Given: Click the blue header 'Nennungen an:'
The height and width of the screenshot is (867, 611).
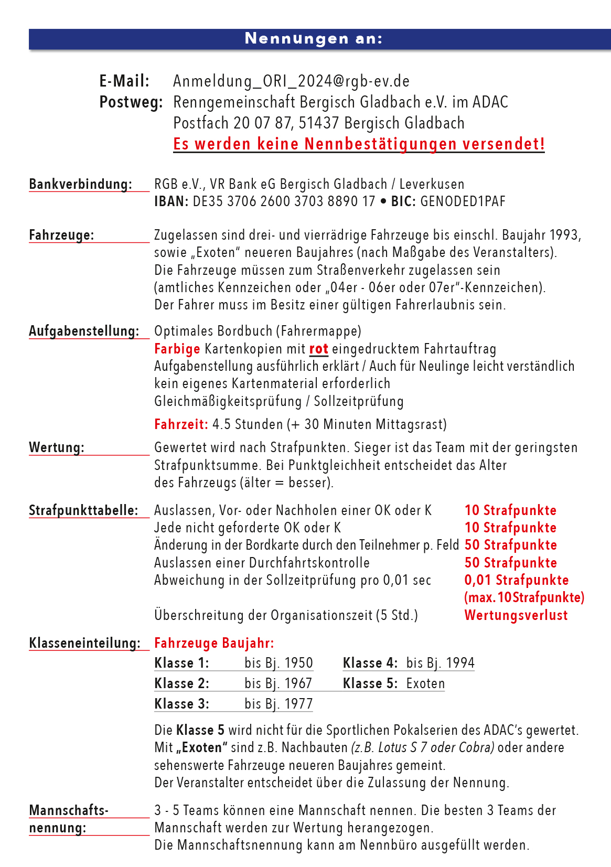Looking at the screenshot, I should tap(314, 39).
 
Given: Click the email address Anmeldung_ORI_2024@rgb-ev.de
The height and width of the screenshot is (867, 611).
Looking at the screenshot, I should tap(291, 81).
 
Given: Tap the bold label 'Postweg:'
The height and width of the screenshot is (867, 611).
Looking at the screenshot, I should tap(131, 102).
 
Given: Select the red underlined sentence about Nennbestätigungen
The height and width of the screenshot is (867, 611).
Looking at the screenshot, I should tap(359, 144).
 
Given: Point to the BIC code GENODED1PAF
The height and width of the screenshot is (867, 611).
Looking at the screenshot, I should tap(463, 201).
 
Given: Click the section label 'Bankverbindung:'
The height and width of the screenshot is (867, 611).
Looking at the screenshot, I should tap(80, 184).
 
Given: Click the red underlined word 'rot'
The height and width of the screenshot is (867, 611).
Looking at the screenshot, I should tap(319, 349).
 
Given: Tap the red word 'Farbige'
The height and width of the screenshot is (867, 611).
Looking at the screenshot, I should tap(177, 349).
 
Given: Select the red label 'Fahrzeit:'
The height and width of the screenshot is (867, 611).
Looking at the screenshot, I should tap(181, 424).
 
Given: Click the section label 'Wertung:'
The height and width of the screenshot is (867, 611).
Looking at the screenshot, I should tap(57, 447).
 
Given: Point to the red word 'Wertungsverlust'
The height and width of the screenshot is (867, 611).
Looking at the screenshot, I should tap(516, 615).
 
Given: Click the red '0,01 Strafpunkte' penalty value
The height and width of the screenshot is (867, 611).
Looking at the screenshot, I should tap(517, 580).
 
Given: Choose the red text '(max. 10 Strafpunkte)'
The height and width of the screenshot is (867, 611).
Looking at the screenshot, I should tap(524, 597).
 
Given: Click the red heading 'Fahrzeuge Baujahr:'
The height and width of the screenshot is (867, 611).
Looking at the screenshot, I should tap(214, 643).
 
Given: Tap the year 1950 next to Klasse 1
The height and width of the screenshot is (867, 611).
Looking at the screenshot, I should tap(298, 663).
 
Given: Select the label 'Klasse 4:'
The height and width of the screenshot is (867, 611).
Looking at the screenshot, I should tap(370, 663).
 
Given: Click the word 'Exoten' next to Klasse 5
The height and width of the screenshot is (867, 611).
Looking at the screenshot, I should tap(425, 683).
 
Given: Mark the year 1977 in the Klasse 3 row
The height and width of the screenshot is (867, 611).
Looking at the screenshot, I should tap(298, 704).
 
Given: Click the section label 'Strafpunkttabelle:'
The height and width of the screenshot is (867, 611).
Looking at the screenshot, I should tap(83, 510).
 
